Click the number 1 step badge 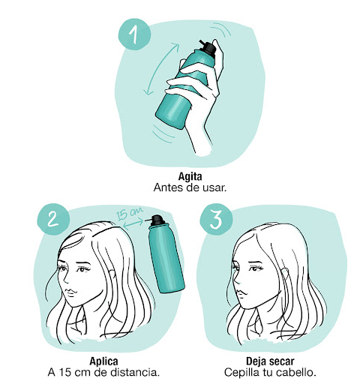[134, 34]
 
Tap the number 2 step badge [53, 219]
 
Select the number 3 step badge [216, 220]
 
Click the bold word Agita [190, 176]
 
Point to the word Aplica [103, 361]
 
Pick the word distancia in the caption [136, 373]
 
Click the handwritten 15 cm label [129, 213]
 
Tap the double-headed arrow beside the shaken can [161, 69]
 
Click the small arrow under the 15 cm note [133, 223]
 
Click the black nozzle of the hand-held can [208, 47]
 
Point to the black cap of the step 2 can [156, 220]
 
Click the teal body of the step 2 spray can [166, 258]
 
